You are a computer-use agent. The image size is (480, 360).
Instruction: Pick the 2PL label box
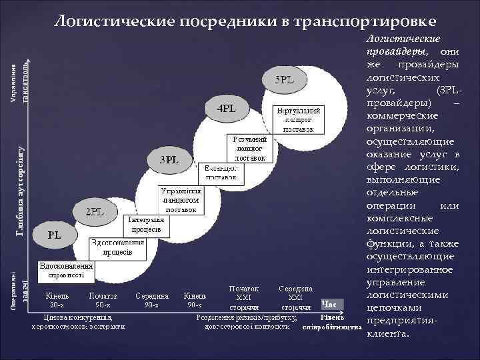pos(97,212)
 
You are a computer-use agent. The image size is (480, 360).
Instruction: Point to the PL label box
pos(55,235)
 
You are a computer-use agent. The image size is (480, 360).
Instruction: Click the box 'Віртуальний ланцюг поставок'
pos(298,119)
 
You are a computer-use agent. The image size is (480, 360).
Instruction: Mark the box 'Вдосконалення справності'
pos(66,269)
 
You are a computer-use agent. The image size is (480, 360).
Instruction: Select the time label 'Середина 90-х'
pos(152,300)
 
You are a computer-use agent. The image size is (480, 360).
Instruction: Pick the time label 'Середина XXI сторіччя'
pos(295,297)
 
